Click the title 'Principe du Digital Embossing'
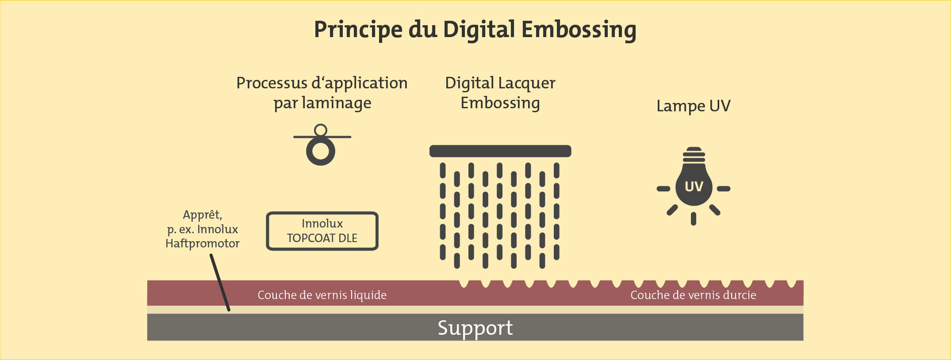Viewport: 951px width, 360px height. tap(475, 30)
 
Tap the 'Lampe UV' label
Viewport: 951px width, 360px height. tap(693, 106)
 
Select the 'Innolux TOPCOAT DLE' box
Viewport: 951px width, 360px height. tap(322, 231)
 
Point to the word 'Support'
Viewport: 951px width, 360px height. tap(475, 328)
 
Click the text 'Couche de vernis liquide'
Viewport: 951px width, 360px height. tap(322, 295)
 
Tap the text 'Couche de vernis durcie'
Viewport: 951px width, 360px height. tap(693, 295)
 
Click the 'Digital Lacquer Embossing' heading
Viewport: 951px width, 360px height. tap(500, 93)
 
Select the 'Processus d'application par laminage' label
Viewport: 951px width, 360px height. tap(322, 93)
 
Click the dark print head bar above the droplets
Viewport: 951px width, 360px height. tap(500, 151)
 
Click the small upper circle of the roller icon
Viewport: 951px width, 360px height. tap(321, 130)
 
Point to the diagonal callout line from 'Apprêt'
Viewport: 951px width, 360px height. tap(220, 283)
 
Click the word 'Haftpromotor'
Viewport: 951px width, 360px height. tap(203, 244)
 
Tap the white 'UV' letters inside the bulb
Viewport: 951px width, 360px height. tap(693, 187)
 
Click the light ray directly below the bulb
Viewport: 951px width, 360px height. tap(693, 219)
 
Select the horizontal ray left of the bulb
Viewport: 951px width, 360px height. tap(663, 189)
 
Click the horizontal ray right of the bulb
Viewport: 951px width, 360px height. tap(724, 189)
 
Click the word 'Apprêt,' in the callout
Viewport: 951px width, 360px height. tap(203, 215)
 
